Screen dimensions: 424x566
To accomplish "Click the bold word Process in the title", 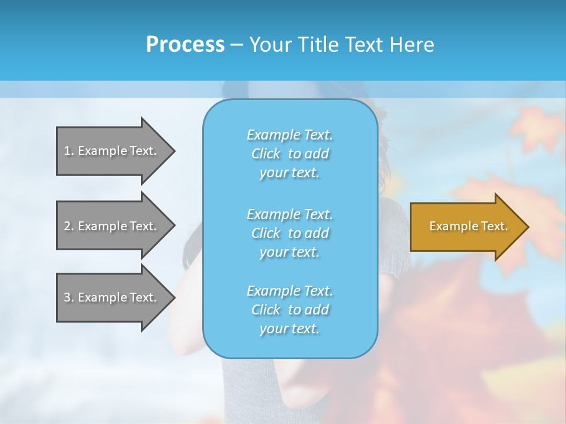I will point(185,45).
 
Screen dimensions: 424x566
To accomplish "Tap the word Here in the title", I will point(412,45).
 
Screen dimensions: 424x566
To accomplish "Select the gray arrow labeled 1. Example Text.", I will point(112,151).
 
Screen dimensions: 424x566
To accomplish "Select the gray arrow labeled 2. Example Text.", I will point(112,226).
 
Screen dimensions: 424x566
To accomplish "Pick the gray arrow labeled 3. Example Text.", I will point(112,297).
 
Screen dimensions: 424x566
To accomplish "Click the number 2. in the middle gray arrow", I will point(68,226).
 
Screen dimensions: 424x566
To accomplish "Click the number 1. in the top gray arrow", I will point(68,151).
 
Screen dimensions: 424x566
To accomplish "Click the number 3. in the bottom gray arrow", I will point(68,297).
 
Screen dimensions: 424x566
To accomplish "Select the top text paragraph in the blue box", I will point(289,154).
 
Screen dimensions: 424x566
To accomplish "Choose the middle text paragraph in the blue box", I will point(289,233).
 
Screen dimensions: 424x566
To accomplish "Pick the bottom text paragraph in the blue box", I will point(289,310).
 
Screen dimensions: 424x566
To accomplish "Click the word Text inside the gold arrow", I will point(495,226).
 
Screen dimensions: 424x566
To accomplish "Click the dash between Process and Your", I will point(236,45).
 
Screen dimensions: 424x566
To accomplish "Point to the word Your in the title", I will point(271,45).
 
